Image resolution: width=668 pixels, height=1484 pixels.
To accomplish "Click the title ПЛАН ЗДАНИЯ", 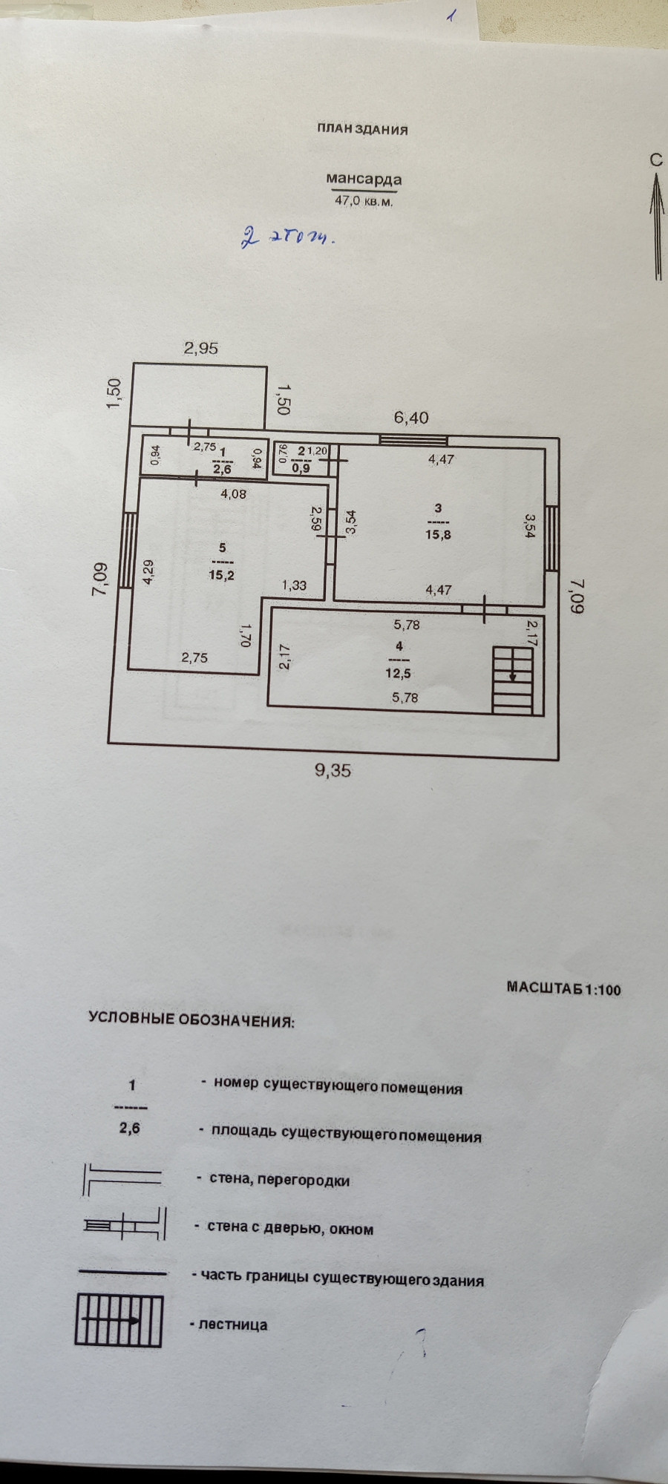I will click(x=362, y=130).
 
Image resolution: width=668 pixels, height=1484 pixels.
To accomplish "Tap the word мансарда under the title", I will click(x=364, y=179).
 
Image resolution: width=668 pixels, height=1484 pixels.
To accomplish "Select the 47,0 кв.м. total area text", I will click(x=364, y=200).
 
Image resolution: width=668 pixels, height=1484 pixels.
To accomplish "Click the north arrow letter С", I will click(x=655, y=160).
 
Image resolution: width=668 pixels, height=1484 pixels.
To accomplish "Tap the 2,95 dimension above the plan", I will click(x=201, y=348).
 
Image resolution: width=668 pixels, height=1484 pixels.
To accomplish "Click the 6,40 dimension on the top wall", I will click(x=411, y=418).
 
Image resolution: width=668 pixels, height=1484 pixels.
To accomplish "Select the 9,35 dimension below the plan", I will click(x=333, y=770).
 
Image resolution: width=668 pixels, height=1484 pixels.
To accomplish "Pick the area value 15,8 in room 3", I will click(x=438, y=534).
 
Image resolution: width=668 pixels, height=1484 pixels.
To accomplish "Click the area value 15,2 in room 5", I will click(x=221, y=574).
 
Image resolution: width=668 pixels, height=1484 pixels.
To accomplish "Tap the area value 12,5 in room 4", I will click(x=398, y=674).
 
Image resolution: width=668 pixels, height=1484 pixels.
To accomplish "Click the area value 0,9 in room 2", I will click(x=301, y=468).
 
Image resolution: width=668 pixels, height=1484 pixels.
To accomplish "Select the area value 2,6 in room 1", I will click(x=223, y=469).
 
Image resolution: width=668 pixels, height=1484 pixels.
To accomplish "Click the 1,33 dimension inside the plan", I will click(x=294, y=585).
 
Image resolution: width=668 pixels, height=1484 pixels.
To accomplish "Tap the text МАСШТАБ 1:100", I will click(x=563, y=988).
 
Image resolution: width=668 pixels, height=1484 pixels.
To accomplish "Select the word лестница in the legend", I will click(x=233, y=1324).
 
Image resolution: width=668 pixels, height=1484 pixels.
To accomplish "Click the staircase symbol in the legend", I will click(x=119, y=1320).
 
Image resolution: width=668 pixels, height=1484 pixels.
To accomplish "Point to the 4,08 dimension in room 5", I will click(x=234, y=493).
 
